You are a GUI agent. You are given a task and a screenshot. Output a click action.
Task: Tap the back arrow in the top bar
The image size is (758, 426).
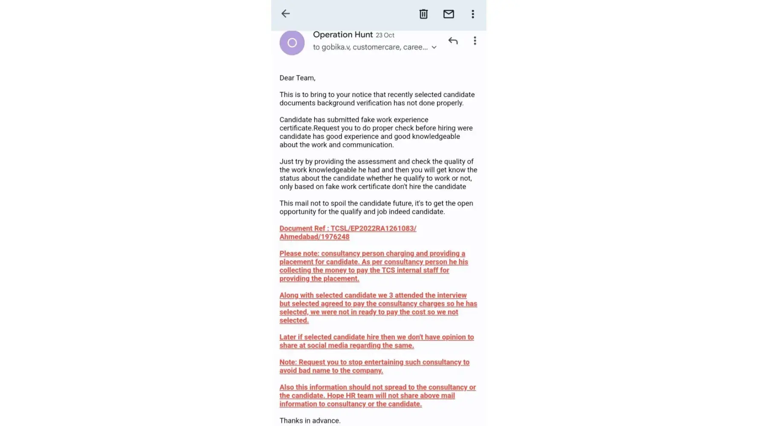coord(286,14)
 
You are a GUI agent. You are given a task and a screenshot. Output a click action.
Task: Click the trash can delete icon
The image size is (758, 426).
coord(423,14)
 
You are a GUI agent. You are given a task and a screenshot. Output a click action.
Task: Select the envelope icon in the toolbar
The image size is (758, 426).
coord(448,14)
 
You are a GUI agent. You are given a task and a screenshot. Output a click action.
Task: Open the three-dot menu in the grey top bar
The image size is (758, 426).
coord(473,14)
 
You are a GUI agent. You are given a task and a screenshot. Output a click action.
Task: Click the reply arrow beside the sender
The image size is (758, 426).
coord(453,41)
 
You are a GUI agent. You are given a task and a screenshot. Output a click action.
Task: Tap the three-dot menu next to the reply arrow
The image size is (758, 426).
coord(475,41)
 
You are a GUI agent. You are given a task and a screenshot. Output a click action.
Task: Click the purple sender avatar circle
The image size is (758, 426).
coord(292,43)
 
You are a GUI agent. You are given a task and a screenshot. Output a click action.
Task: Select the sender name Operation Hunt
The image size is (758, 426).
coord(343,35)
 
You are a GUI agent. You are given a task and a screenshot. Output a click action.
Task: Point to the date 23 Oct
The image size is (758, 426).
coord(385,35)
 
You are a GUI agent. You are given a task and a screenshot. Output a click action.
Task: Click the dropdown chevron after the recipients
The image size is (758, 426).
coord(434,47)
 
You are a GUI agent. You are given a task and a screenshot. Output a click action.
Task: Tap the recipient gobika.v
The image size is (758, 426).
coord(336,47)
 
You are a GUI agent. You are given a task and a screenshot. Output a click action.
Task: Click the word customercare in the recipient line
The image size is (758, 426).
coord(376,47)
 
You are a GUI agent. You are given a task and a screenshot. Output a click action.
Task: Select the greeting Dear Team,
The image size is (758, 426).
coord(297,78)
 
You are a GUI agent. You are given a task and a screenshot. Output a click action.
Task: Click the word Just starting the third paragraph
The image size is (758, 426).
coord(286,161)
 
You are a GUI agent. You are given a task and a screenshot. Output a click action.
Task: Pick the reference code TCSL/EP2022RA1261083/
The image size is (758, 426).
coord(373,228)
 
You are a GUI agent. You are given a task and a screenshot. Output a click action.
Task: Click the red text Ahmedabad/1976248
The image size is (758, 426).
coord(314,237)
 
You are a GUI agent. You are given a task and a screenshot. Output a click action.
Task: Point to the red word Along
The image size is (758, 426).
coord(289,295)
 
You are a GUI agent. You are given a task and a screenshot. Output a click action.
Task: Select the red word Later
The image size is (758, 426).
coord(288,337)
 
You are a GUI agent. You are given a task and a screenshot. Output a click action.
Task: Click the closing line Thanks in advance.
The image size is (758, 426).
coord(310,420)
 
